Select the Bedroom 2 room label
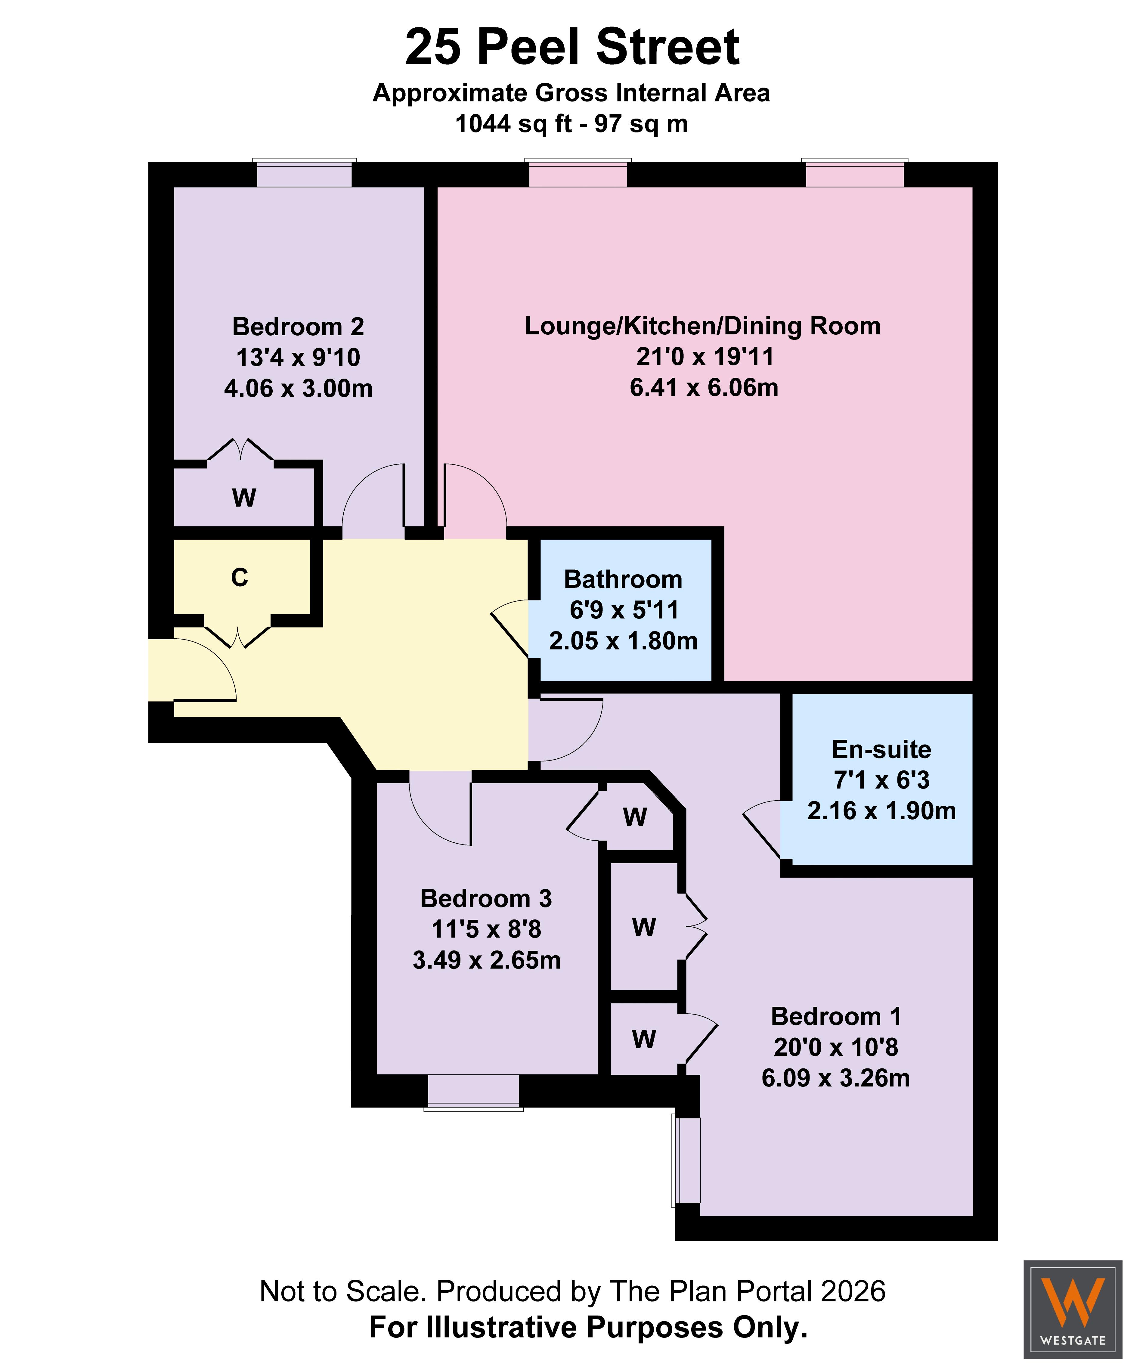pos(298,326)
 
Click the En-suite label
pos(881,750)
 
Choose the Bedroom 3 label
pos(486,898)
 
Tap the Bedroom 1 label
pos(836,1016)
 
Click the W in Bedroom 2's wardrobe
pos(244,498)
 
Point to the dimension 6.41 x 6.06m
pos(704,388)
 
